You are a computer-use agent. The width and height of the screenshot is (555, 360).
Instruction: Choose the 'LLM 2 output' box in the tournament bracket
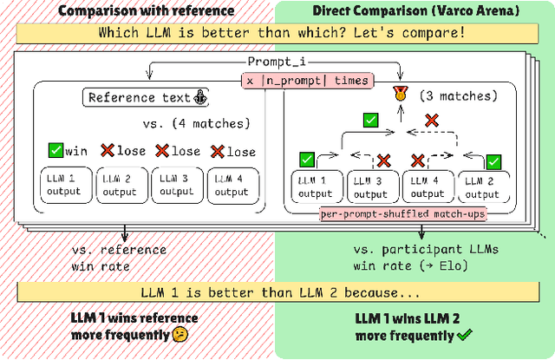pos(485,186)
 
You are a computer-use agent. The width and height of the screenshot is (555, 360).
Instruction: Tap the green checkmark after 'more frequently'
pos(467,335)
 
